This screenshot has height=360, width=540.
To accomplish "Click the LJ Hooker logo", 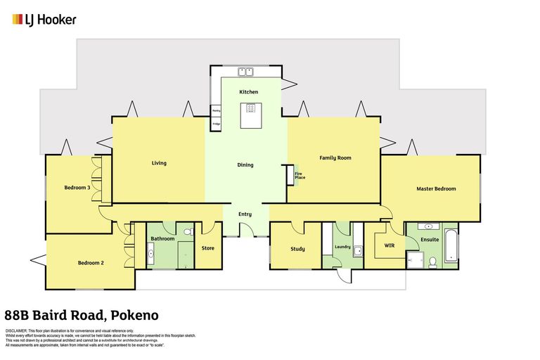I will [x=44, y=20].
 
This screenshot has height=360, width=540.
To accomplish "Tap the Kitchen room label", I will [x=248, y=92].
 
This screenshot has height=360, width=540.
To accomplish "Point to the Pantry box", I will [x=216, y=111].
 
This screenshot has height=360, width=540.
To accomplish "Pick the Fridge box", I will [x=216, y=125].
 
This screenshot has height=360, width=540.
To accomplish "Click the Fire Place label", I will [x=300, y=176].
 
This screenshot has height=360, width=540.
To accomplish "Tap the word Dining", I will [x=245, y=165].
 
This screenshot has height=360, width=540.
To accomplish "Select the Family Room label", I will [x=335, y=157].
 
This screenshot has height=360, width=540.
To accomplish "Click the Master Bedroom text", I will [x=436, y=188].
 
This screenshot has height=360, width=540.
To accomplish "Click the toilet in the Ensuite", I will [x=432, y=262].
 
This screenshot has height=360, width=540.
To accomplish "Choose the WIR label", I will [x=390, y=245].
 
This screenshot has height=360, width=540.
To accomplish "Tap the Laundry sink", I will [x=358, y=250].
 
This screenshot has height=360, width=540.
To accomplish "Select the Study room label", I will [x=297, y=248].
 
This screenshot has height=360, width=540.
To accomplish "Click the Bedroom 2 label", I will [x=91, y=262].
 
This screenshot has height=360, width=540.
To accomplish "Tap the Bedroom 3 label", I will [x=77, y=187].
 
